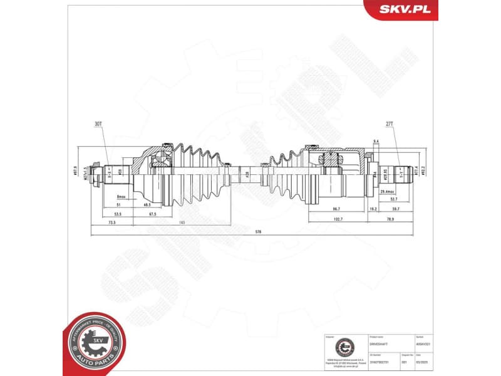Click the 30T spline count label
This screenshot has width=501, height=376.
[x=98, y=125]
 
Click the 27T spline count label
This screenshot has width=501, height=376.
[x=389, y=125]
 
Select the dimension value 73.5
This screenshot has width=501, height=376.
[x=111, y=222]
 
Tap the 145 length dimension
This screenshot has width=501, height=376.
[x=181, y=222]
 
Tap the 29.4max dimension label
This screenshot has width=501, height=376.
[x=385, y=192]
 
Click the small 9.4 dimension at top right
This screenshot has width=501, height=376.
[x=376, y=142]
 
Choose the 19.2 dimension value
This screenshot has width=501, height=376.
[x=373, y=209]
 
